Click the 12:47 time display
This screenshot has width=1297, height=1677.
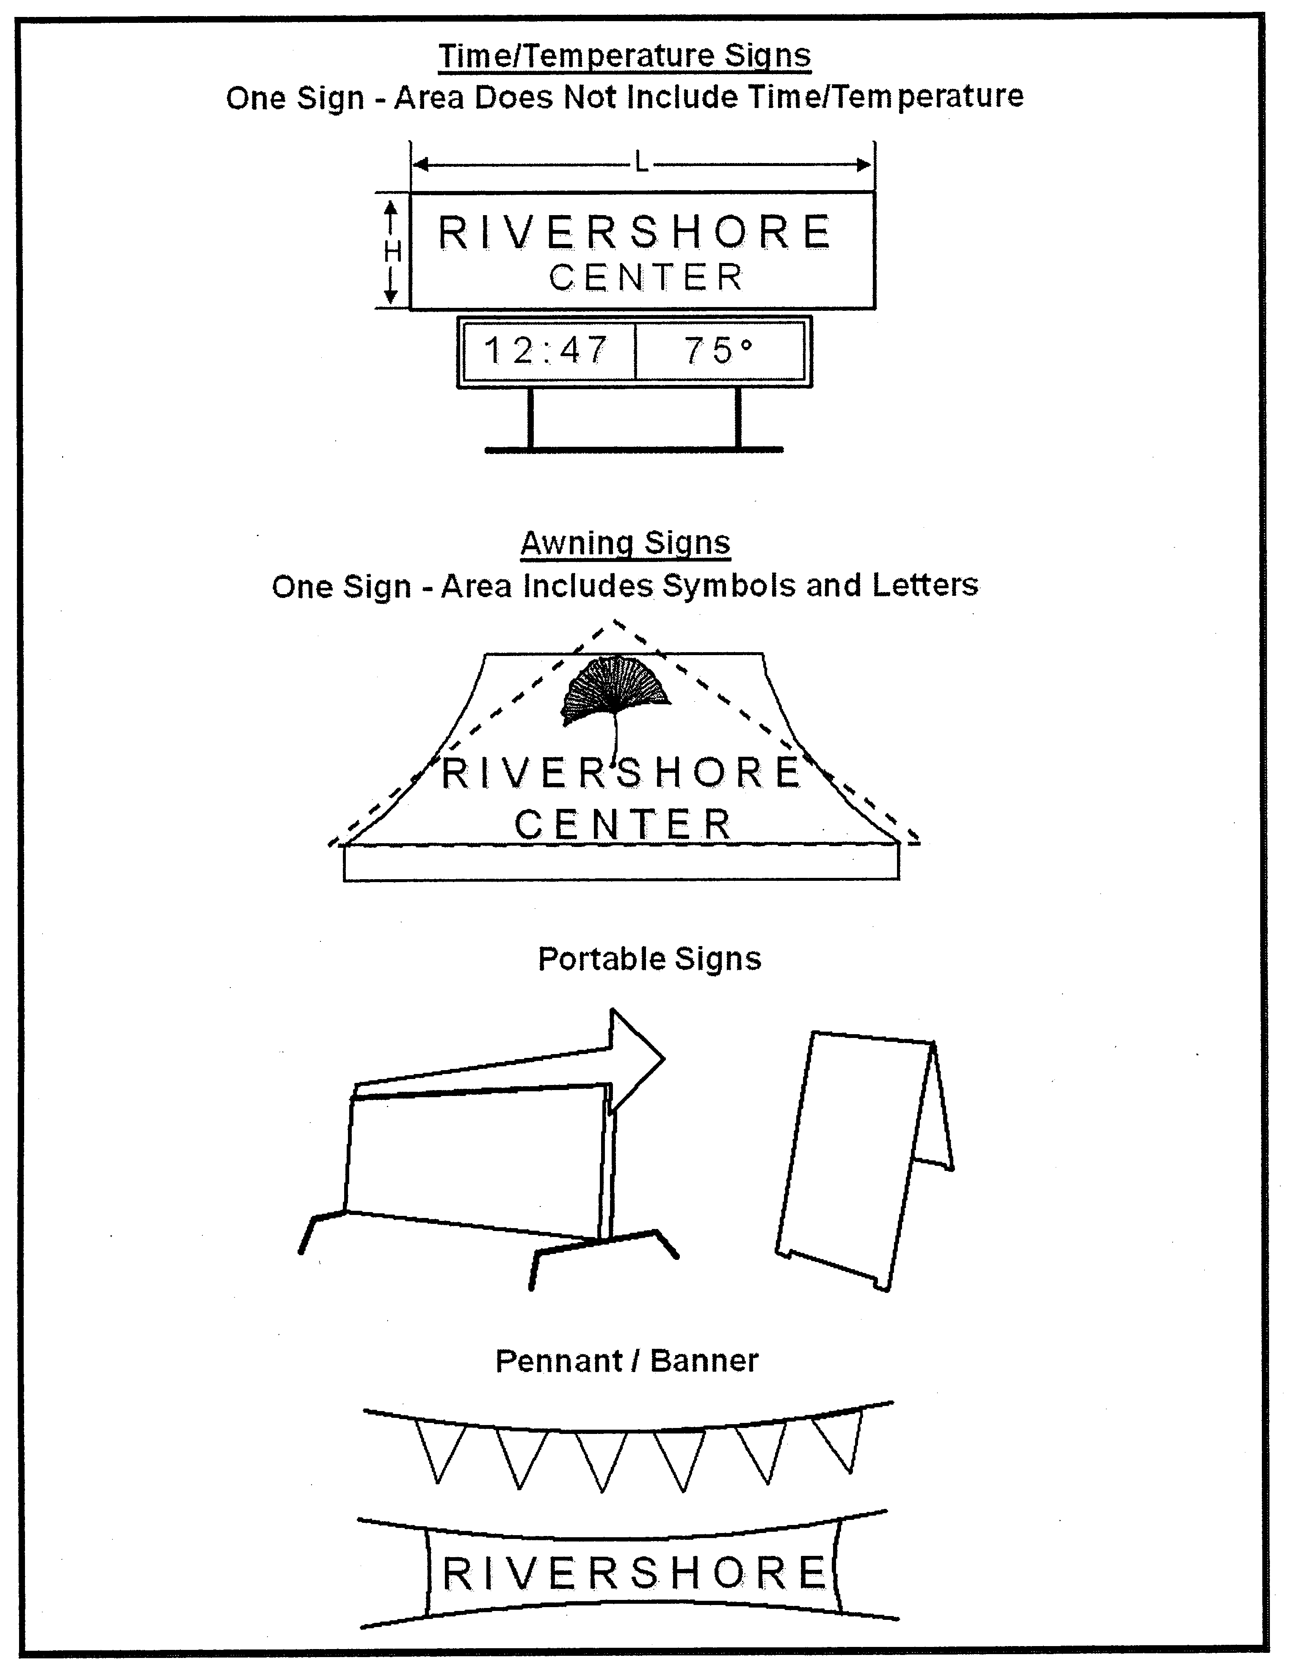546,351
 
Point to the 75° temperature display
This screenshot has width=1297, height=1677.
718,351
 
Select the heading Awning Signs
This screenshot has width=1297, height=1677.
626,543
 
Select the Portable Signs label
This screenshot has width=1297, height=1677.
649,959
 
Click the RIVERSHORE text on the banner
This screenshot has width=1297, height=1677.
634,1573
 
